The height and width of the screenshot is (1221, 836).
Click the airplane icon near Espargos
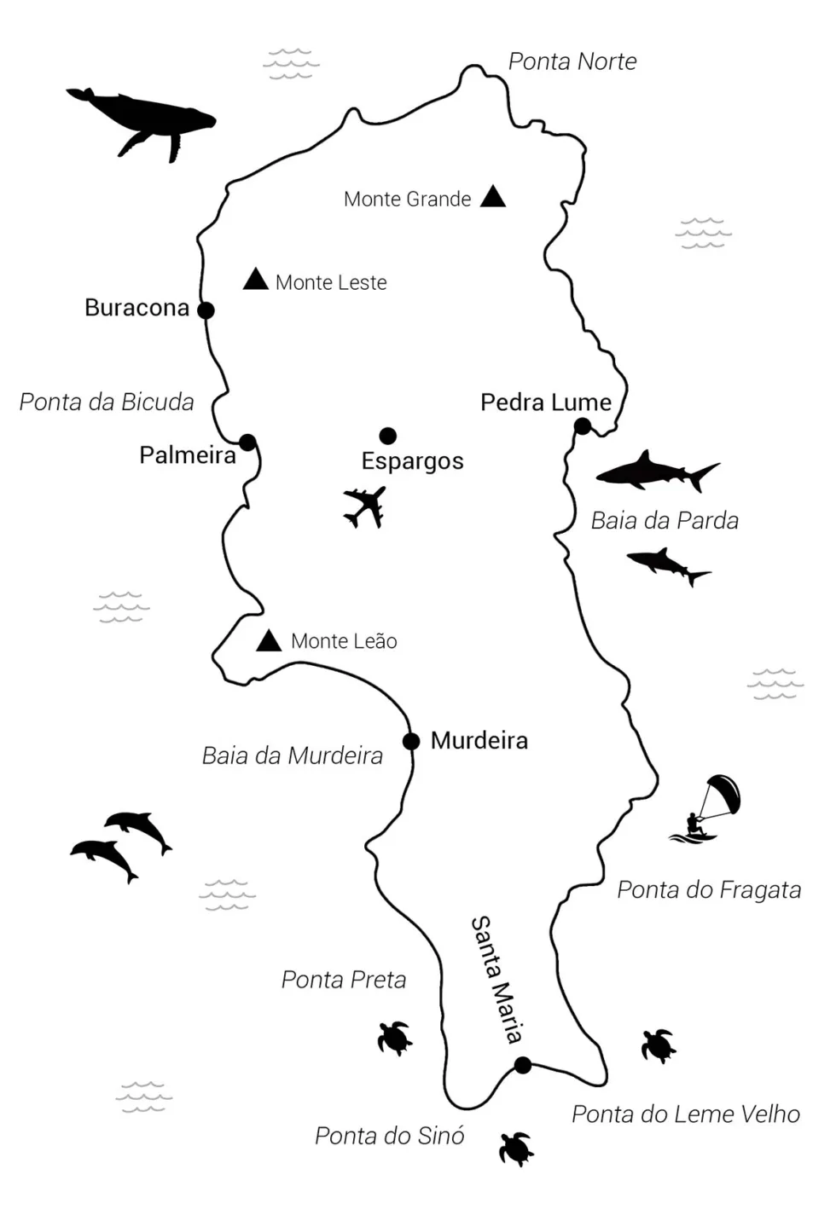click(x=365, y=507)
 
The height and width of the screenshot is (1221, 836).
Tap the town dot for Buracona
click(x=206, y=310)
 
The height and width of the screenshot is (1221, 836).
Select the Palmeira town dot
click(x=247, y=443)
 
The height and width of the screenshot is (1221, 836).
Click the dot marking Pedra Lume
click(x=583, y=426)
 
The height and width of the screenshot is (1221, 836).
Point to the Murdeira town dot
click(x=411, y=741)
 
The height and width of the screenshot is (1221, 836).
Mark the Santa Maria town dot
click(x=523, y=1065)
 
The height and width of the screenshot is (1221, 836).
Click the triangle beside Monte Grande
click(x=493, y=197)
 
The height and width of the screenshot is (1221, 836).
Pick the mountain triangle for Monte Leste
click(x=255, y=280)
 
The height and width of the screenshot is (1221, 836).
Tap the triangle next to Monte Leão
click(x=269, y=641)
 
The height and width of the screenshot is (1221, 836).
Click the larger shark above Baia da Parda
click(x=655, y=472)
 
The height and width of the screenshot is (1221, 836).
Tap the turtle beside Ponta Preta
click(x=395, y=1038)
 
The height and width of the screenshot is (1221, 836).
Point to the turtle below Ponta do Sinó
click(x=516, y=1149)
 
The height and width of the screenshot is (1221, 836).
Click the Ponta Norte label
click(x=572, y=61)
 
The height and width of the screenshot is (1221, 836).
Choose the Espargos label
click(x=412, y=461)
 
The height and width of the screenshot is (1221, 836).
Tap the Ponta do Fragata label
click(x=709, y=890)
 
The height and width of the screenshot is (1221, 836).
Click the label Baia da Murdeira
click(x=293, y=755)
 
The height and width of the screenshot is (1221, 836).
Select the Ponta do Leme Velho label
click(x=686, y=1114)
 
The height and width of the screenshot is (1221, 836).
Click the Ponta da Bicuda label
click(x=107, y=402)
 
